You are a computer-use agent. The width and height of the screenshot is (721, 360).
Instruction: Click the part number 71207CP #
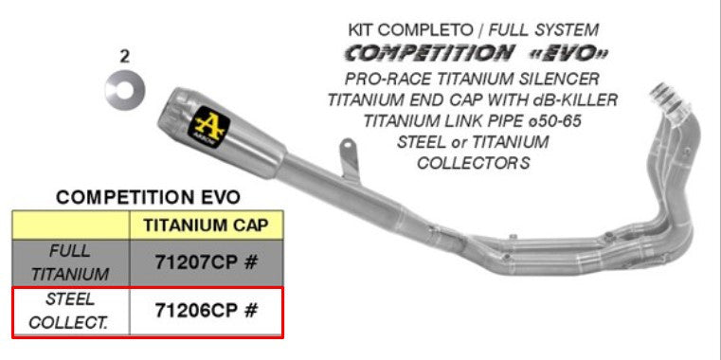point(206,262)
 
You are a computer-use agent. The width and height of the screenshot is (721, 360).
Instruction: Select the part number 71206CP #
point(206,310)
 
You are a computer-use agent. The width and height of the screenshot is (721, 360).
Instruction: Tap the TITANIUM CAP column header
point(206,225)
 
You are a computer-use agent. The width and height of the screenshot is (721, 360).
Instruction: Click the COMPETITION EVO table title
point(148,197)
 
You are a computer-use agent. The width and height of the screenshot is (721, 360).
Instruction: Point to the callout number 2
point(124,57)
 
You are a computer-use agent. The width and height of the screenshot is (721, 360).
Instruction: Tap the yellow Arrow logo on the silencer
point(209,129)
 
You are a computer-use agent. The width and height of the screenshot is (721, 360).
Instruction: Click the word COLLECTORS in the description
point(474,162)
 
